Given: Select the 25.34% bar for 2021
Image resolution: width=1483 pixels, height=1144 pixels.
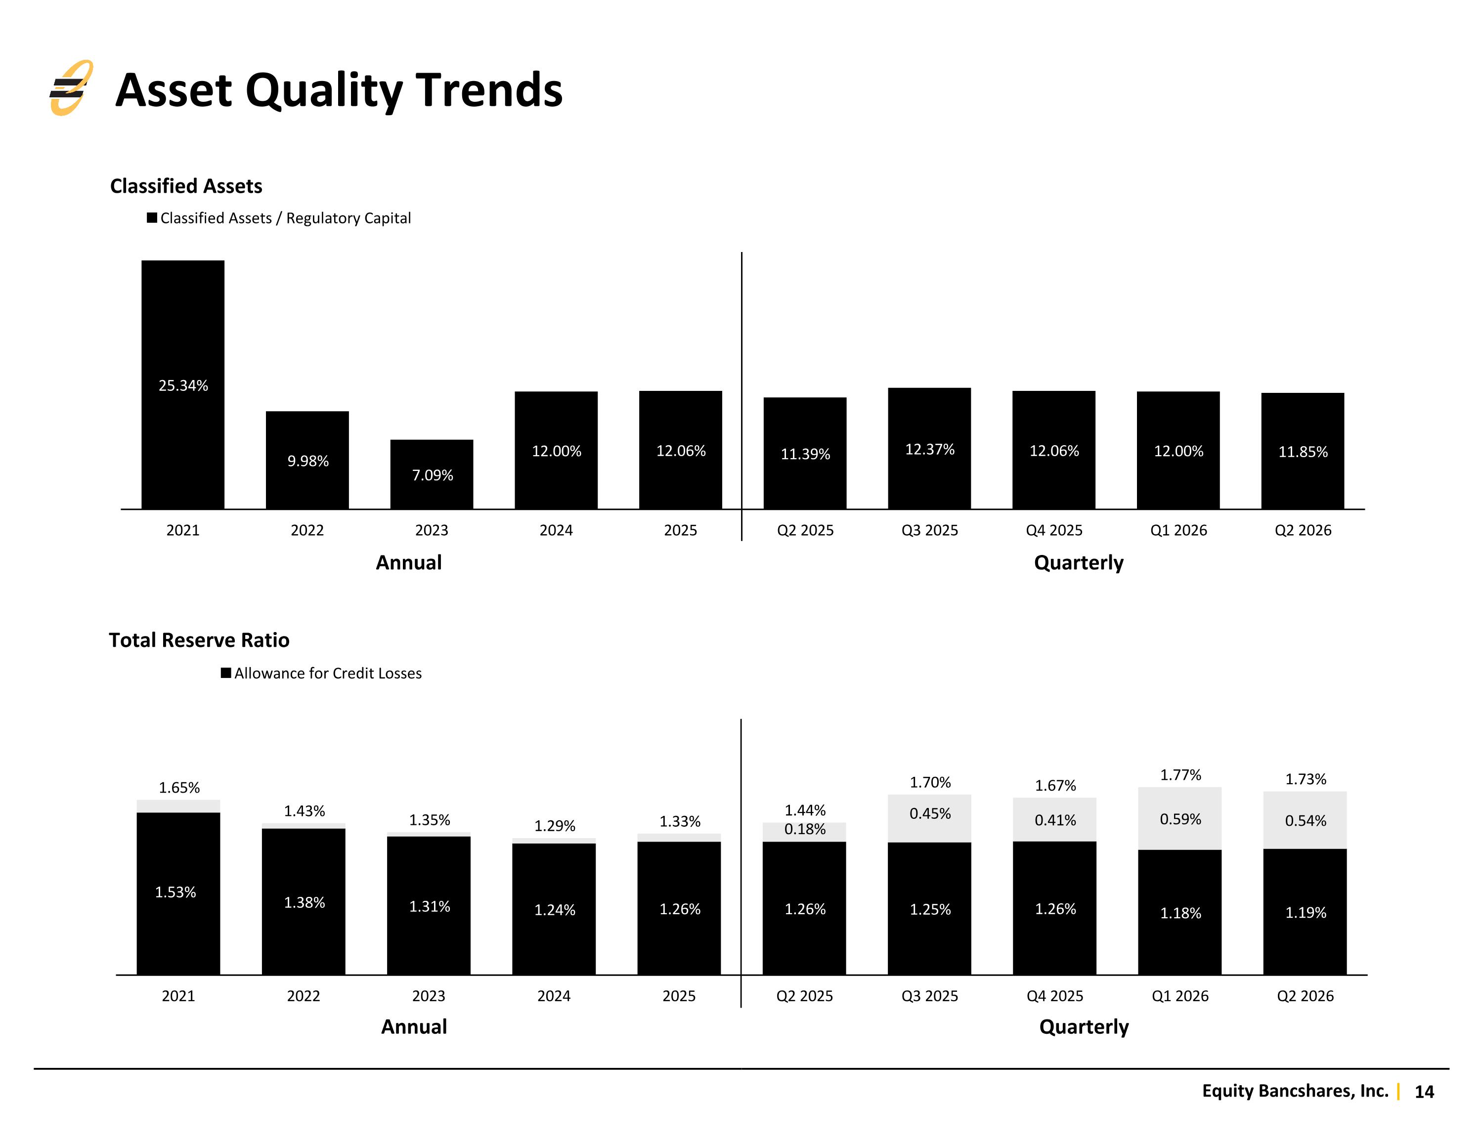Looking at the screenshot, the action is click(x=183, y=384).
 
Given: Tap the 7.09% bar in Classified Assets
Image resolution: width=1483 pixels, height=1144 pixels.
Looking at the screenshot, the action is click(x=432, y=474).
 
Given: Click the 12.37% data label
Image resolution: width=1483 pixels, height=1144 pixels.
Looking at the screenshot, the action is click(x=929, y=450).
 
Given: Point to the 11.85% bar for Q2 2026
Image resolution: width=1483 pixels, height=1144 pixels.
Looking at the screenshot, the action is click(x=1303, y=451).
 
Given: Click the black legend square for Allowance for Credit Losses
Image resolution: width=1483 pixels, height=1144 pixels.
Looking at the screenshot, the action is click(x=226, y=673).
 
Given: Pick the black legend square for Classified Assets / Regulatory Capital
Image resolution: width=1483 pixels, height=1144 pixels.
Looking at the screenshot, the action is click(x=152, y=218).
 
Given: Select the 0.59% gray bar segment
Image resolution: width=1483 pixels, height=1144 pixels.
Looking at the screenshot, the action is click(x=1179, y=818).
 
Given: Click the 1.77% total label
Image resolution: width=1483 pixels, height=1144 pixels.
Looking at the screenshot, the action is click(x=1180, y=775).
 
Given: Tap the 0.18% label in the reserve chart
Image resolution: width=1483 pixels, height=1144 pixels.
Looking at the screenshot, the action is click(x=805, y=829).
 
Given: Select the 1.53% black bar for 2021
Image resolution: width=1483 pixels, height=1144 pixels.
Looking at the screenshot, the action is click(x=178, y=893).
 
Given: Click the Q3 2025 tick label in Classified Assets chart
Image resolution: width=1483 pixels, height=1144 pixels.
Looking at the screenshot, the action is click(x=929, y=530).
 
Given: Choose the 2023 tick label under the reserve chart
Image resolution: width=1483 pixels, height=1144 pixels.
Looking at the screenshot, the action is click(x=429, y=996).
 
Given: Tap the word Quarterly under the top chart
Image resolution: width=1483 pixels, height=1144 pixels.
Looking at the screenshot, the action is click(x=1078, y=563).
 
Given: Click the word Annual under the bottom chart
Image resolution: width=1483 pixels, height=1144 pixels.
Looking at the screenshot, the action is click(x=414, y=1026).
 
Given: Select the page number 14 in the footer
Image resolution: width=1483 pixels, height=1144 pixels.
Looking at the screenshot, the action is click(x=1424, y=1092).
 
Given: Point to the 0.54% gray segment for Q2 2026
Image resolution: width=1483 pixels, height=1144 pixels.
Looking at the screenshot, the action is click(x=1305, y=820).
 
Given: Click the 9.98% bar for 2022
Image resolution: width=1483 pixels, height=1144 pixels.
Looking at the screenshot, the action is click(x=307, y=460).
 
